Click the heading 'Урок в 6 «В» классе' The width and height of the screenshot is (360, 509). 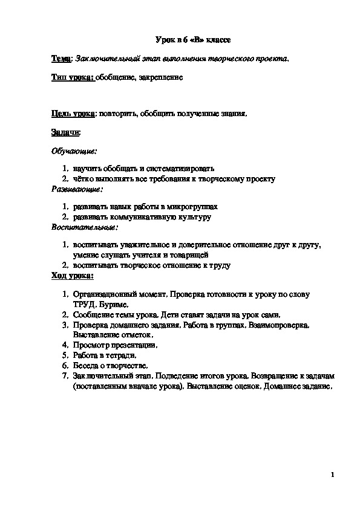pos(190,41)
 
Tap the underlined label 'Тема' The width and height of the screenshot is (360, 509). pos(61,59)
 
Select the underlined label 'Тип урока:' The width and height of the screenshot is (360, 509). pos(72,77)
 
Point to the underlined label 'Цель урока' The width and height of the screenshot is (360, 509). pos(73,113)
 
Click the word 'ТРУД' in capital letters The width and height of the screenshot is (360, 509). pos(83,304)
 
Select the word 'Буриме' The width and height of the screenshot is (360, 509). pos(113,304)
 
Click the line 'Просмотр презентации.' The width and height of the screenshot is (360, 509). pos(114,345)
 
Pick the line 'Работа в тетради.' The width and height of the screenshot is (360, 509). pos(103,355)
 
